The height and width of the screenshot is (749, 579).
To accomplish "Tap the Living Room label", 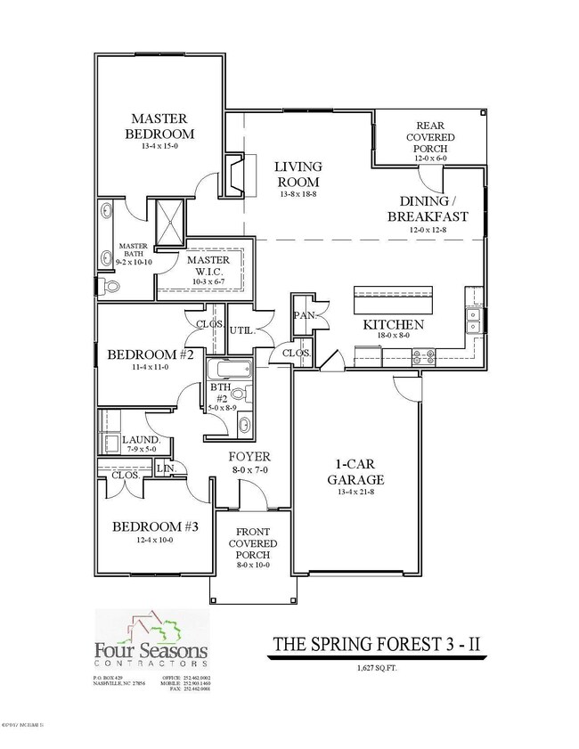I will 298,175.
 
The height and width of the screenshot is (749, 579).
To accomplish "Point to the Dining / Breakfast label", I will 428,209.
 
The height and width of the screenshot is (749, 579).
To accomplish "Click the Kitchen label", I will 393,325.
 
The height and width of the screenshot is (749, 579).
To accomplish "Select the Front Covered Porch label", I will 253,544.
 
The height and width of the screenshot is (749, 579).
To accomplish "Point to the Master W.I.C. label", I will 207,265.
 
